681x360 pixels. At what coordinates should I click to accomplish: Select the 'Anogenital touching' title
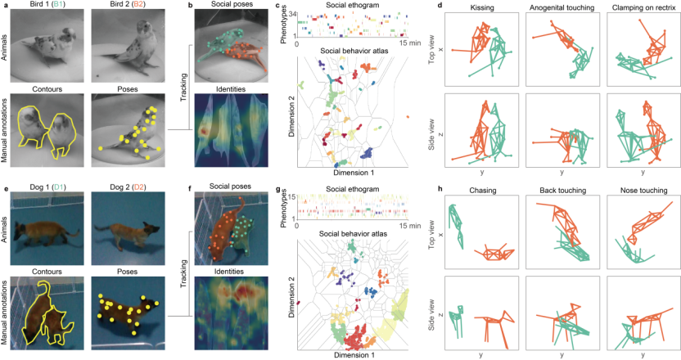(561, 7)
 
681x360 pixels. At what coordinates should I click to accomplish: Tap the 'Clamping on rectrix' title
(635, 7)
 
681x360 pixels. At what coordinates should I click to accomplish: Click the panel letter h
(441, 191)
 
